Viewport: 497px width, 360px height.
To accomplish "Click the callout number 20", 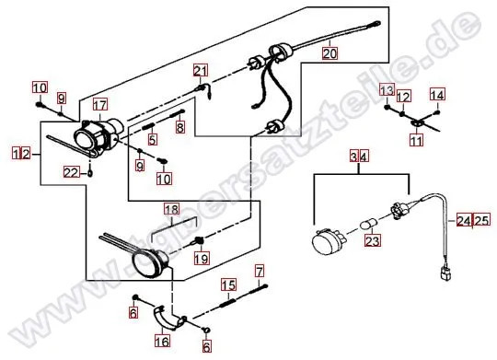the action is pos(329,53).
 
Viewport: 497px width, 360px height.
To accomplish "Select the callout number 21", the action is pos(201,71).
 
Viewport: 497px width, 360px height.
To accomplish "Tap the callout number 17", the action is pos(100,105).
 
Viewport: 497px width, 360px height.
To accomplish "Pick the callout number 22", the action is pos(71,173).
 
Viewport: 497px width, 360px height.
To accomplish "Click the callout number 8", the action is pos(180,127).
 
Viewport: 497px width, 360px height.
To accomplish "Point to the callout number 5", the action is pos(153,139).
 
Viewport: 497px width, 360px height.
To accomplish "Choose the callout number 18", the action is pos(172,209).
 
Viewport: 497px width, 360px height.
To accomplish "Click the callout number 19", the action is pos(202,259).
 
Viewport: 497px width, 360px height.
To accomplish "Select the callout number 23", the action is pos(373,240).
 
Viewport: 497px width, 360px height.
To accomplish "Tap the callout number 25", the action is pos(482,220).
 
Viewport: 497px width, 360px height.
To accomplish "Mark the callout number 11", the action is pos(417,140).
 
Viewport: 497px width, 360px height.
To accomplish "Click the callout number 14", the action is pos(437,95).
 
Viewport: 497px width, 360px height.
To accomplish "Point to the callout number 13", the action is pos(387,91).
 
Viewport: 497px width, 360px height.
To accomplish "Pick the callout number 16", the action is pos(162,341).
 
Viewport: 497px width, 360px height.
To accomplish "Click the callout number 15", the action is pos(228,285).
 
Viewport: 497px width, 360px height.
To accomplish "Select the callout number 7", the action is pos(260,272).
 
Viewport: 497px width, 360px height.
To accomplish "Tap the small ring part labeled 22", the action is pos(90,173).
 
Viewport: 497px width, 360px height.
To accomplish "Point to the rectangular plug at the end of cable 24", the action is pos(445,273).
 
